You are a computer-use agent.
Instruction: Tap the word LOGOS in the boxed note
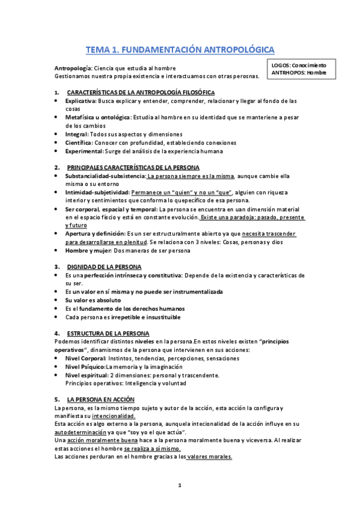pyautogui.click(x=280, y=65)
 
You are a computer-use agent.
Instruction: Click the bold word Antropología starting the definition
pyautogui.click(x=73, y=68)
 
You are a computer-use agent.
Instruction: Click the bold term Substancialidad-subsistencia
pyautogui.click(x=105, y=176)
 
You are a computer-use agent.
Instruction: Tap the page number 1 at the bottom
pyautogui.click(x=180, y=486)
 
